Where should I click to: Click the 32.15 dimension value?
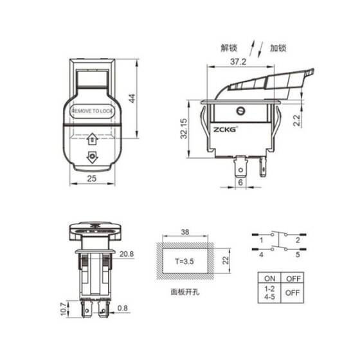(184, 129)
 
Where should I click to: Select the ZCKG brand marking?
(226, 129)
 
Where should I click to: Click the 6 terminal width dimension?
(241, 184)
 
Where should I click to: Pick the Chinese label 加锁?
(278, 48)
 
